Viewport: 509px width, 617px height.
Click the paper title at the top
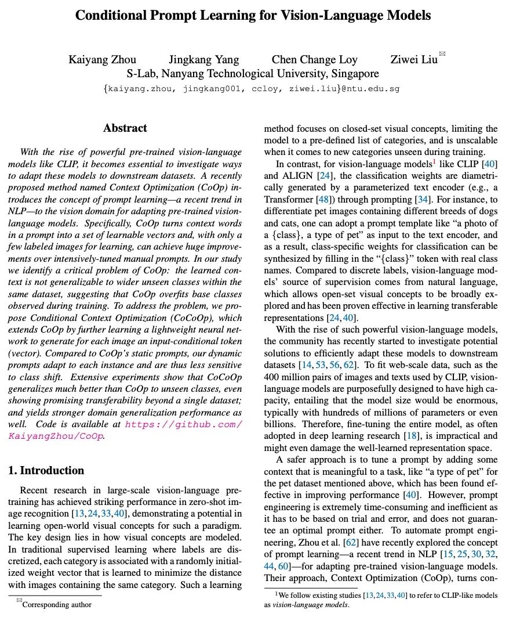(253, 16)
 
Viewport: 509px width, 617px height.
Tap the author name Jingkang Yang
(203, 59)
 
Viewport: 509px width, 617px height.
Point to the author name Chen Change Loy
(315, 59)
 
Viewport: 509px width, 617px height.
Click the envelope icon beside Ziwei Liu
(443, 54)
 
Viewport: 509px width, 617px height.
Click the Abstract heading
(125, 128)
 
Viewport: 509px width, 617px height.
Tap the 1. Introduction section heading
(46, 470)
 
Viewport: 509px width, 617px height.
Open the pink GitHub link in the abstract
(184, 430)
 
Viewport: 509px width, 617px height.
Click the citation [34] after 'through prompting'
(423, 199)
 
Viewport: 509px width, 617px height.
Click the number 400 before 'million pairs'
(273, 377)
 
